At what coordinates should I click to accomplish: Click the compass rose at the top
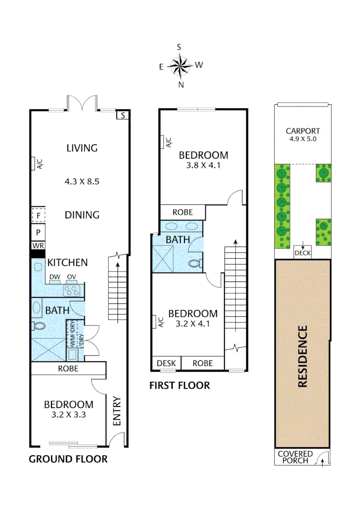click(x=180, y=66)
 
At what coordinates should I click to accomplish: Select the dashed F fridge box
click(x=38, y=215)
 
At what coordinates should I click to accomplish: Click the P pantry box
click(x=38, y=232)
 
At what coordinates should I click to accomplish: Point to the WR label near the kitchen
click(x=38, y=246)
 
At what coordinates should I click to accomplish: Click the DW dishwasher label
click(x=54, y=277)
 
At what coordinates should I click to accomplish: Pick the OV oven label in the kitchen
click(x=72, y=277)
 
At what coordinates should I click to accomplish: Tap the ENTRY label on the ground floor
click(x=117, y=411)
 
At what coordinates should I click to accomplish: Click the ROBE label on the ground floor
click(x=68, y=368)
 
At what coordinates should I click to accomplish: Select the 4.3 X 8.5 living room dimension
click(x=82, y=181)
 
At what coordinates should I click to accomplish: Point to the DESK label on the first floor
click(x=166, y=363)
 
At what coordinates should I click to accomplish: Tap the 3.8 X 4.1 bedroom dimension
click(x=203, y=166)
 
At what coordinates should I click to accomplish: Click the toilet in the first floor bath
click(x=194, y=264)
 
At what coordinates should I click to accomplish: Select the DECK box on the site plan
click(x=302, y=253)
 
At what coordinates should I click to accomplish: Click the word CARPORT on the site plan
click(x=303, y=131)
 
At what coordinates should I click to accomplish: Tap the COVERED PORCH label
click(x=295, y=457)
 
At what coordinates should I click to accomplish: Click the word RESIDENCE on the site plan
click(x=302, y=356)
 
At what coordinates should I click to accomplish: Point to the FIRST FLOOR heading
click(x=179, y=386)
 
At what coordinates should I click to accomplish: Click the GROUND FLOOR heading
click(x=68, y=459)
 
